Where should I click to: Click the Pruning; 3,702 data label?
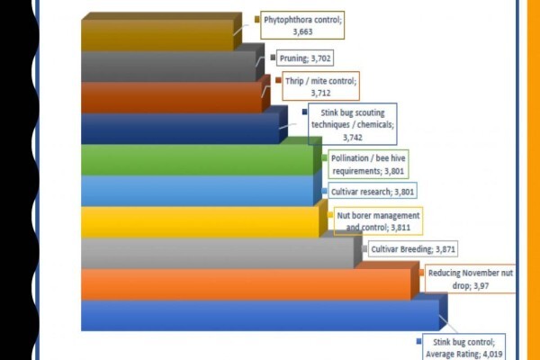point(305,58)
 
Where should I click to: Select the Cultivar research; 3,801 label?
point(373,192)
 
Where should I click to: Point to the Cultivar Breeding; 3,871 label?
point(413,248)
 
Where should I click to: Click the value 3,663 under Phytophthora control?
point(302,31)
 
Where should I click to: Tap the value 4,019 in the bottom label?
point(491,354)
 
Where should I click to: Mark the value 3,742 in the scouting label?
point(353,138)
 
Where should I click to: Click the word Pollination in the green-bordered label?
point(350,158)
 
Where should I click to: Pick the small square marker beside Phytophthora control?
point(256,19)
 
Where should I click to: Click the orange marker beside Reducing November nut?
point(421,273)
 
